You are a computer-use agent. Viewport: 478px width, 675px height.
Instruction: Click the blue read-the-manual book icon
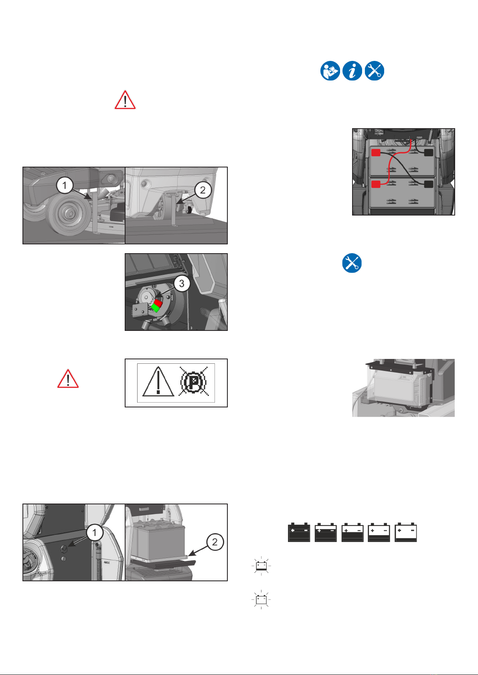point(330,71)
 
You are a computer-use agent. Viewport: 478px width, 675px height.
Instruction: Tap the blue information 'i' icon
point(352,71)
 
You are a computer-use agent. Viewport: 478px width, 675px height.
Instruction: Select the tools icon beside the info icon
point(375,71)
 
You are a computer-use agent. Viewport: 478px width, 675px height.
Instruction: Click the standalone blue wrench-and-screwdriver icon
point(352,263)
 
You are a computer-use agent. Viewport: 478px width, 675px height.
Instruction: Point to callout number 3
point(182,284)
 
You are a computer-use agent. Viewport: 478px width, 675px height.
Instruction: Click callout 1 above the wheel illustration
point(65,186)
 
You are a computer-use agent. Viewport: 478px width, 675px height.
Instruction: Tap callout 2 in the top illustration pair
point(203,190)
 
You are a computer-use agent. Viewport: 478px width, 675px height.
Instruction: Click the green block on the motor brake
point(154,308)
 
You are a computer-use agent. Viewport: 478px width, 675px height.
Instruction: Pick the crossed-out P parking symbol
point(193,383)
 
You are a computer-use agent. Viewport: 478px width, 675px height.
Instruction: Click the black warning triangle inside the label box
point(158,382)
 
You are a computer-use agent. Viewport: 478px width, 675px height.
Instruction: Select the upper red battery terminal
point(376,152)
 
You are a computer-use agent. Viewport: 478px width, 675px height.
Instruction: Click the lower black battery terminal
point(428,184)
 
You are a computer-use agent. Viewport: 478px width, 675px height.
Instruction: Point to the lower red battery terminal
point(376,184)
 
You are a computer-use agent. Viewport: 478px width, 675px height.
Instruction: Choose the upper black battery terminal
point(428,152)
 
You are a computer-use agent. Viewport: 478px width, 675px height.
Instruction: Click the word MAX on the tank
point(107,562)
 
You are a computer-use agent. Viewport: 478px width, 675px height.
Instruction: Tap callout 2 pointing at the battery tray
point(215,542)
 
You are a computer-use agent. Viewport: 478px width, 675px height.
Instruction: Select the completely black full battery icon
point(299,532)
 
